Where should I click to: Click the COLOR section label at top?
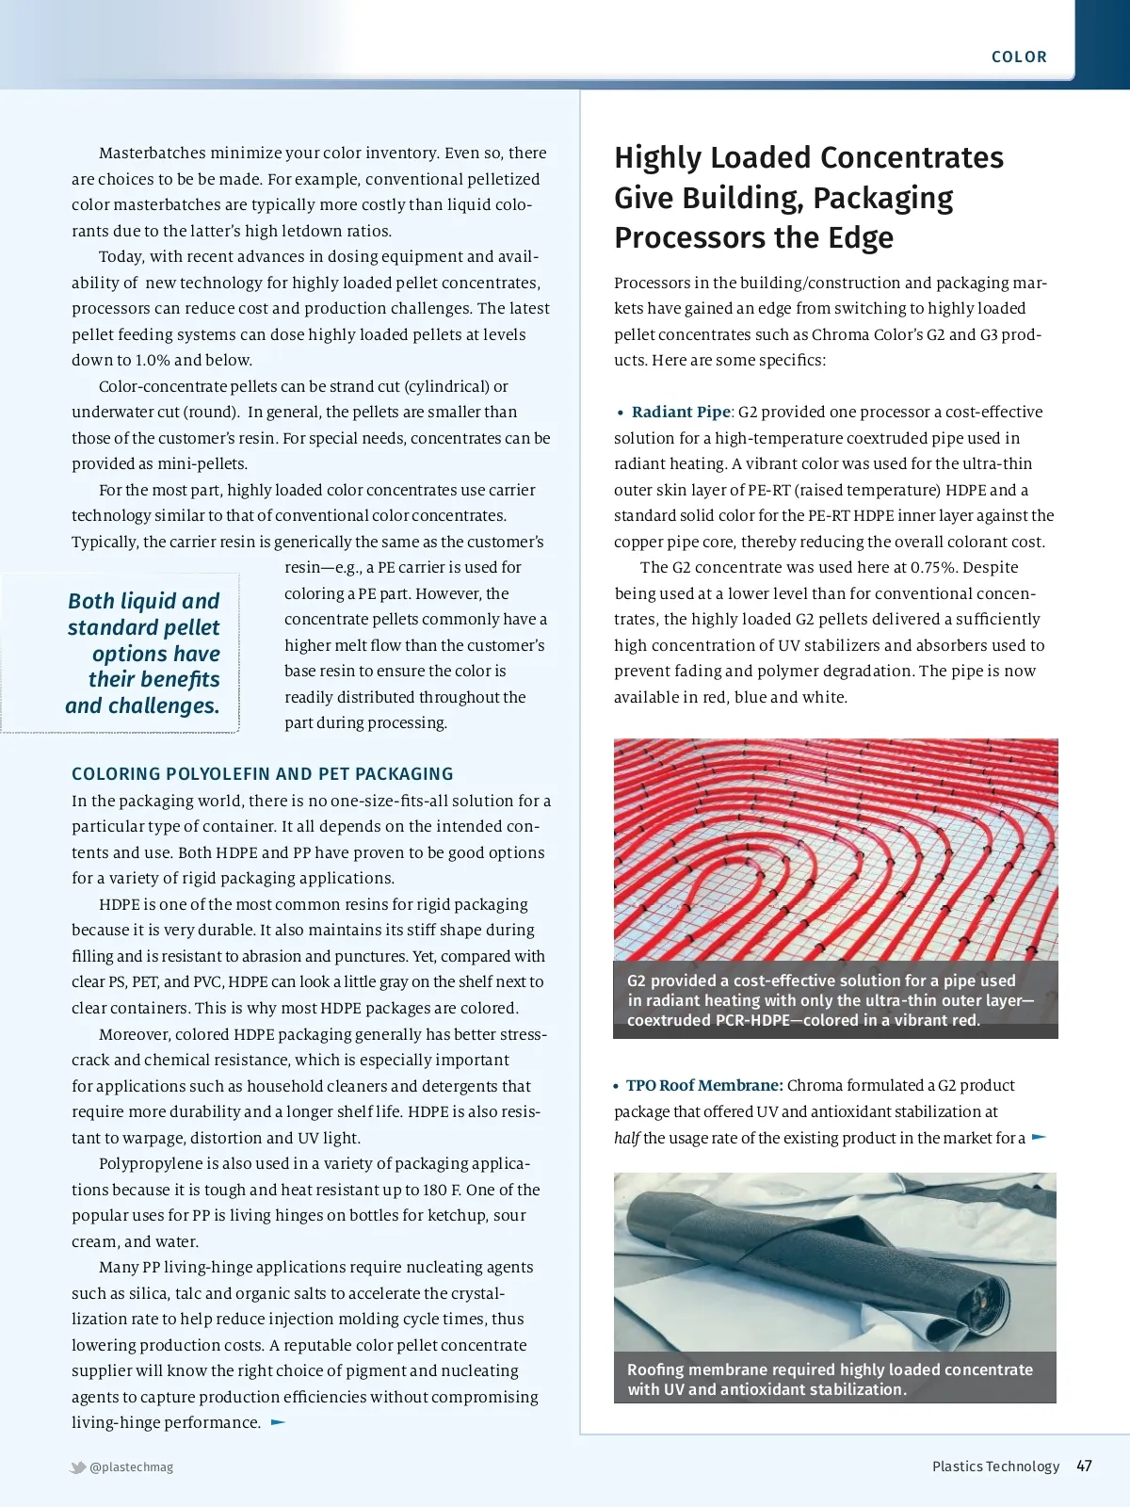(1019, 57)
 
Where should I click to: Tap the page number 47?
(1084, 1466)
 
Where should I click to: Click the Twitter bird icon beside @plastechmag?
(78, 1466)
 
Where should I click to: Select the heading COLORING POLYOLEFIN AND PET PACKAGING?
(262, 774)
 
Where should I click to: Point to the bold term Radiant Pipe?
(681, 412)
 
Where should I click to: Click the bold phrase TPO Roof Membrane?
(704, 1085)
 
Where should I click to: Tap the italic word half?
(626, 1138)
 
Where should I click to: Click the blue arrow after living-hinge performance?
(278, 1422)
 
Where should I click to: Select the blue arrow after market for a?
(1039, 1137)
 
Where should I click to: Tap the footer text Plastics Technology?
(995, 1466)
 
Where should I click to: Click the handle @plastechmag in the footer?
(132, 1466)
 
